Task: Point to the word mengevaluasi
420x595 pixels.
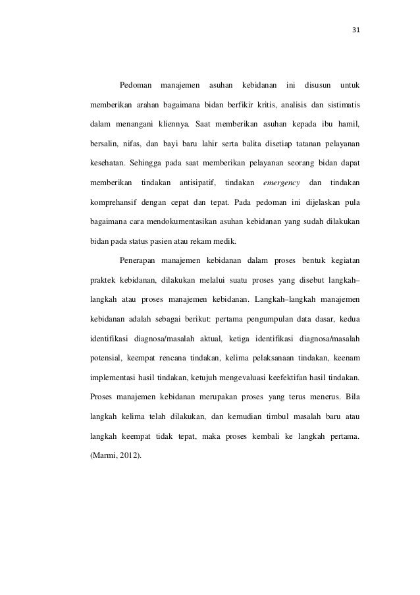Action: [x=241, y=378]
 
